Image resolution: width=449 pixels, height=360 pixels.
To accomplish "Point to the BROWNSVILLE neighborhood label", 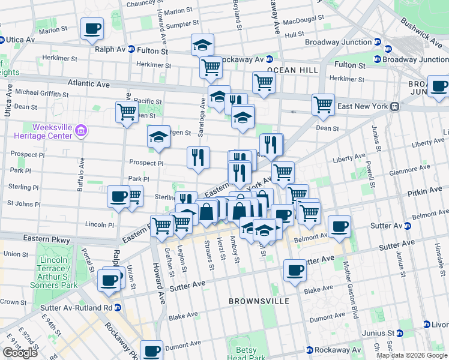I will click(x=259, y=301).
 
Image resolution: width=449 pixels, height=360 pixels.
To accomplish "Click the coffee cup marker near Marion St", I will click(x=92, y=29).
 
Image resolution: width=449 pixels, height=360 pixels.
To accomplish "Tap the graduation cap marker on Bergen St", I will click(x=159, y=136).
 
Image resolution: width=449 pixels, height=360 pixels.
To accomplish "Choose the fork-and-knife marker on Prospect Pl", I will click(x=198, y=158).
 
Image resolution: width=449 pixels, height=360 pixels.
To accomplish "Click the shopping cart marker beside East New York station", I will click(x=323, y=104).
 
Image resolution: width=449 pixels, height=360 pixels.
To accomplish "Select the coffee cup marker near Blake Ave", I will click(x=294, y=270).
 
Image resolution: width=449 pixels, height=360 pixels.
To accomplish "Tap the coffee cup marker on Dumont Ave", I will click(x=152, y=350).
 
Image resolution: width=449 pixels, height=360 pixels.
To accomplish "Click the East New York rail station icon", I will click(x=394, y=106).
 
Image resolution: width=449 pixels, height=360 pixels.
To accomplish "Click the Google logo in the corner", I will click(x=20, y=353).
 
